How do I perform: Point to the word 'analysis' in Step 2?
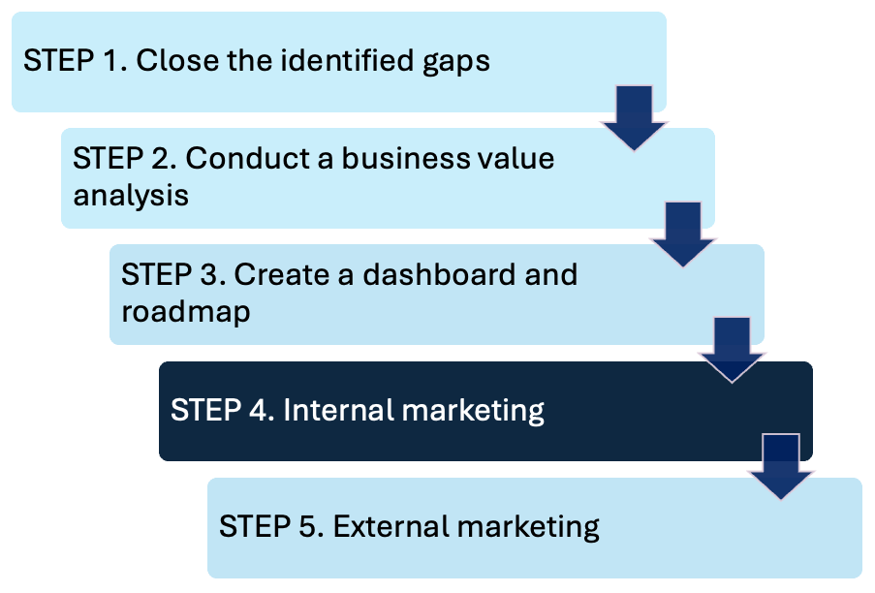(131, 195)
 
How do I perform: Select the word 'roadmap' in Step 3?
(186, 312)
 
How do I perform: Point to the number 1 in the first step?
(115, 60)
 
